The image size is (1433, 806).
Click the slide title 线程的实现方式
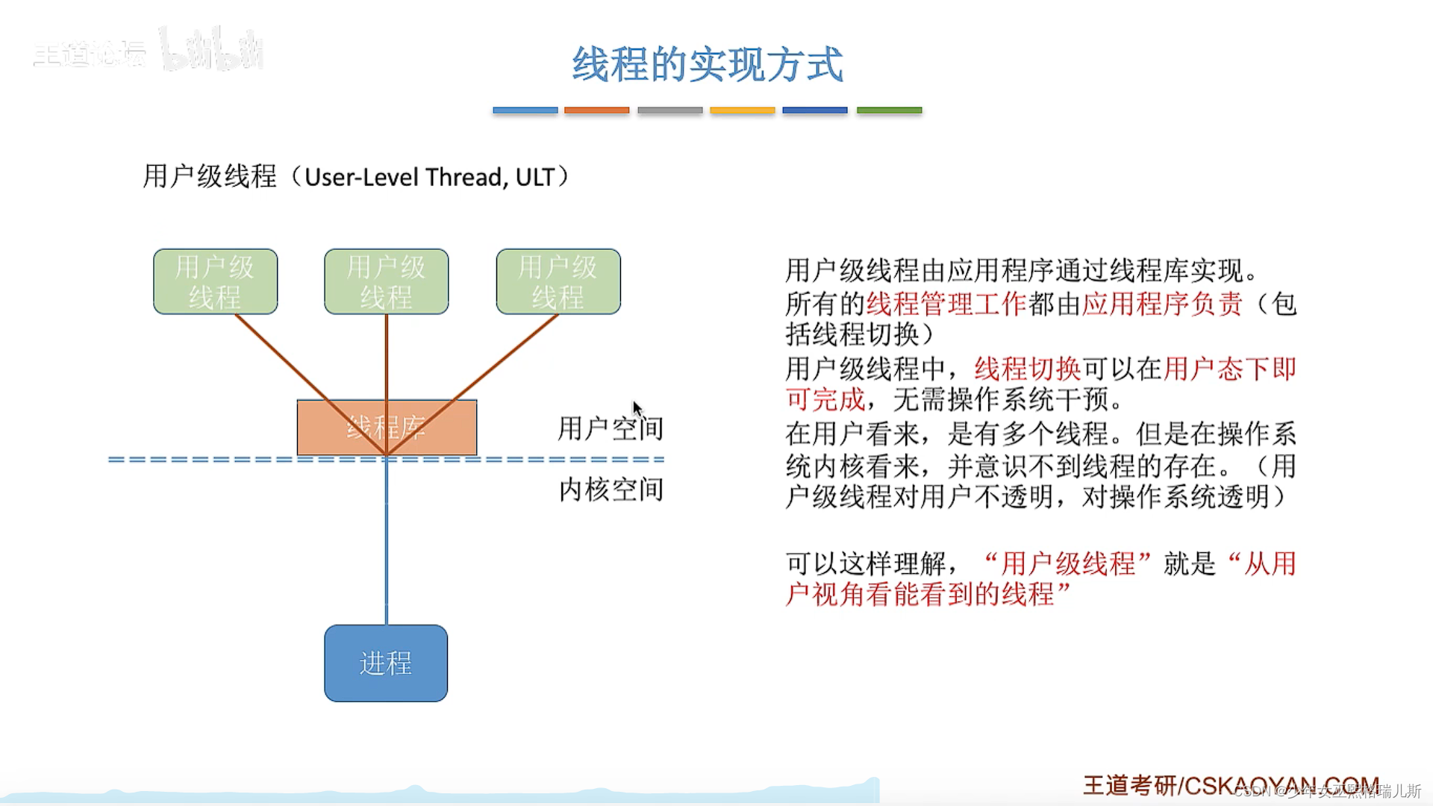[x=708, y=64]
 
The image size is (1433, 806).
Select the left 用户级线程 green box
[x=215, y=281]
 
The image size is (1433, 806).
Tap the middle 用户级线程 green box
[x=386, y=281]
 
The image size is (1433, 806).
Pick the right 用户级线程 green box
[x=558, y=281]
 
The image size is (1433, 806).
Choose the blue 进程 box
[x=386, y=663]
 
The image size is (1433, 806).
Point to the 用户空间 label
[x=610, y=428]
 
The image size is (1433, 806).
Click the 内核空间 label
[x=611, y=490]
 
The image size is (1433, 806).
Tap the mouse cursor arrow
[x=637, y=409]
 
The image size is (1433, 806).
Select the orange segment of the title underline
[x=596, y=110]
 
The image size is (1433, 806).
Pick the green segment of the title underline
[x=889, y=110]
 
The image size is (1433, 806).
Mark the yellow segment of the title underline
[x=742, y=110]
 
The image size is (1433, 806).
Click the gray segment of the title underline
[x=669, y=110]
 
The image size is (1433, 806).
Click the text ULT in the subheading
[x=534, y=178]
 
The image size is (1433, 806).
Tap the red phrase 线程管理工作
[x=946, y=304]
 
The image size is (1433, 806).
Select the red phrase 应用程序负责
[x=1162, y=304]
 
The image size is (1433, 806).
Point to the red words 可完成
[x=825, y=400]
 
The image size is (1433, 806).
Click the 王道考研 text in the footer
[x=1129, y=786]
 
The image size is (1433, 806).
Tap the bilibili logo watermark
[x=212, y=51]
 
